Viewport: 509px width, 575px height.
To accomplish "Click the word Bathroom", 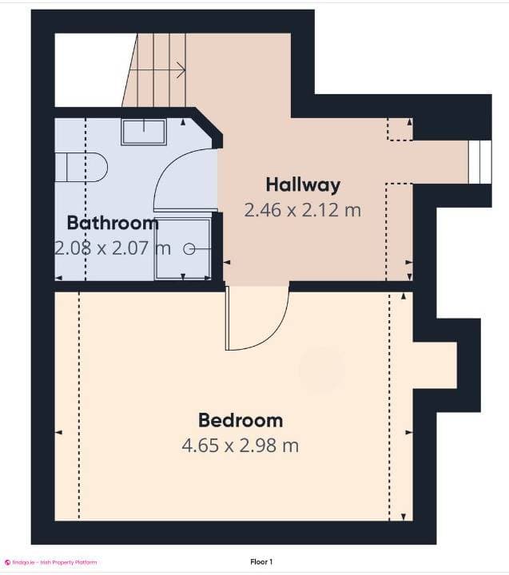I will point(112,222).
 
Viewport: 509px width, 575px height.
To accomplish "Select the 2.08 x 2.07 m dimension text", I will point(112,248).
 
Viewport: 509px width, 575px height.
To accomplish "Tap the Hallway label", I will point(303,184).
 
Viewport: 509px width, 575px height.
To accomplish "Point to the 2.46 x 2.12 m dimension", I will point(303,210).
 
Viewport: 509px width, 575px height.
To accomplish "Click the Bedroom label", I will point(241,419).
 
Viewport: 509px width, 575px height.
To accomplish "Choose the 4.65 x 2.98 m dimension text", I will point(241,445).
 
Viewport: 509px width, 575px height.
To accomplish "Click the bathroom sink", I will point(144,132).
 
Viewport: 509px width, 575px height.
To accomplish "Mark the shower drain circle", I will point(189,249).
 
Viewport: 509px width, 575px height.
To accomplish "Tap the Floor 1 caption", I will point(260,562).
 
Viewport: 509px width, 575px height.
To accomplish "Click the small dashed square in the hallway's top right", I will point(400,129).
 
